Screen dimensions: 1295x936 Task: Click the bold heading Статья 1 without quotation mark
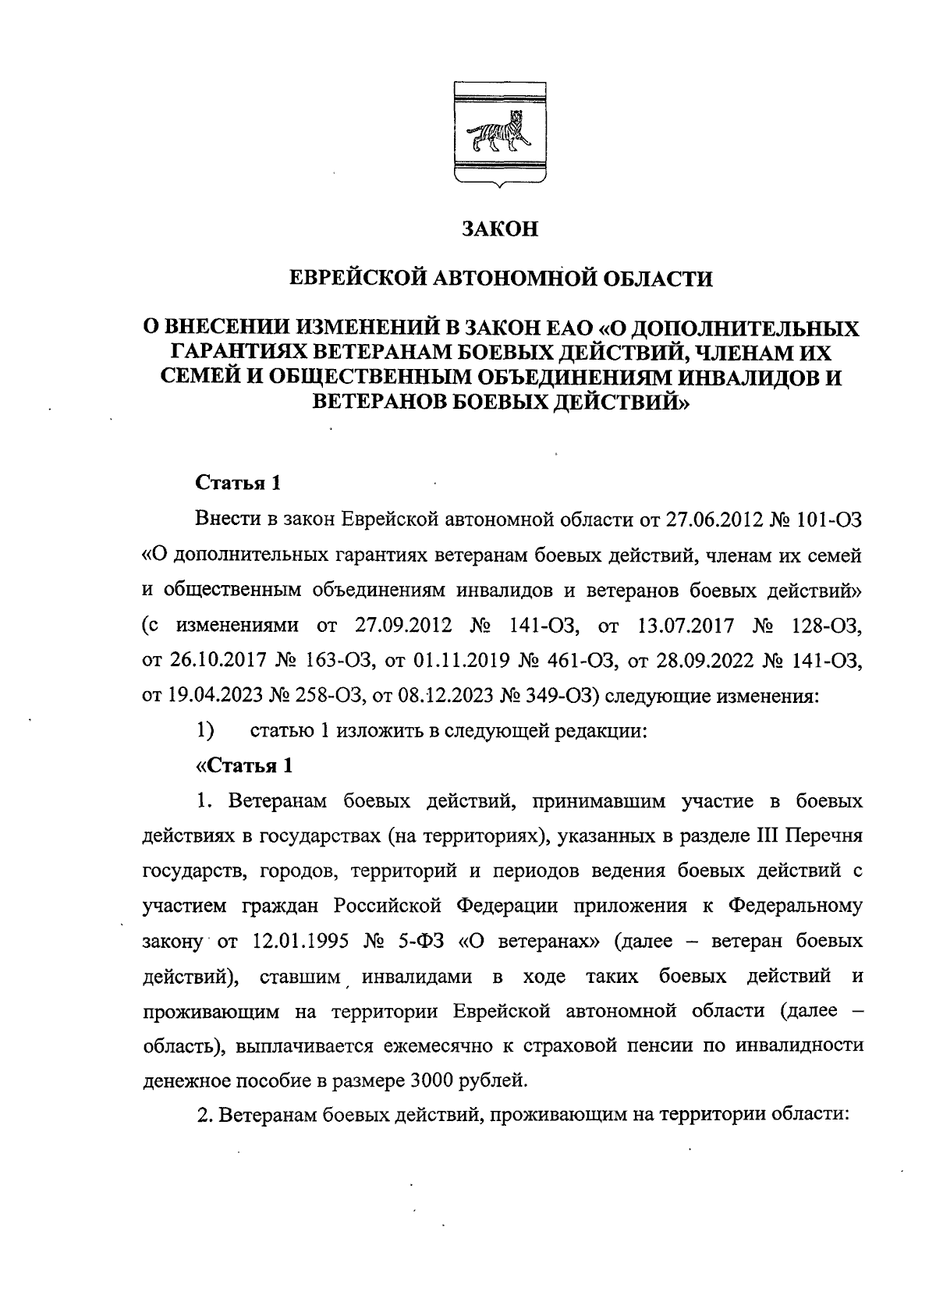tap(236, 483)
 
